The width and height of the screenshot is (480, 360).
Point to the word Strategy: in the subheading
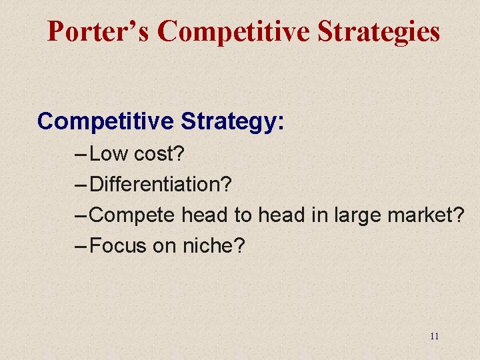tap(232, 121)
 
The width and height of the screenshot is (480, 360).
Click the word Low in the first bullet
tap(109, 154)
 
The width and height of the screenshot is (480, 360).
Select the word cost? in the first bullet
tap(159, 154)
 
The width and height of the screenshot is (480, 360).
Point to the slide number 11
tap(434, 336)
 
